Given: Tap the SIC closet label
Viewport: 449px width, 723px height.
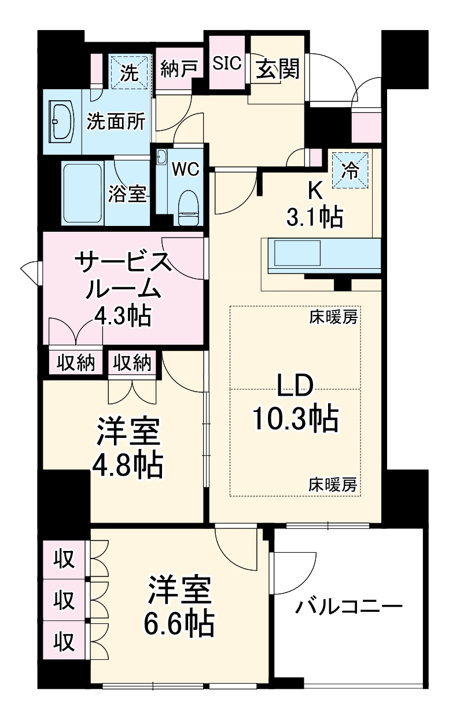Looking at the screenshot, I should pos(226,64).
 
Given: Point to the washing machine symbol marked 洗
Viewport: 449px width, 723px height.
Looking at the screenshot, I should pos(130,73).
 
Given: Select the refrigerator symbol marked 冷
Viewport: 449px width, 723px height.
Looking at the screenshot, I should pos(350,170).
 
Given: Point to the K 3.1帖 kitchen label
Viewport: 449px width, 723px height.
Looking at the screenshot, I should pos(315,206).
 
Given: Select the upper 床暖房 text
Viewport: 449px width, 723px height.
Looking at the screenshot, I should pos(332,317).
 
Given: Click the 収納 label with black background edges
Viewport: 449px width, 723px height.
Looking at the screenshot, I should pos(75,363).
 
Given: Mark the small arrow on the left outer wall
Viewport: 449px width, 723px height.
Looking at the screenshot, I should pos(28,269).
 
